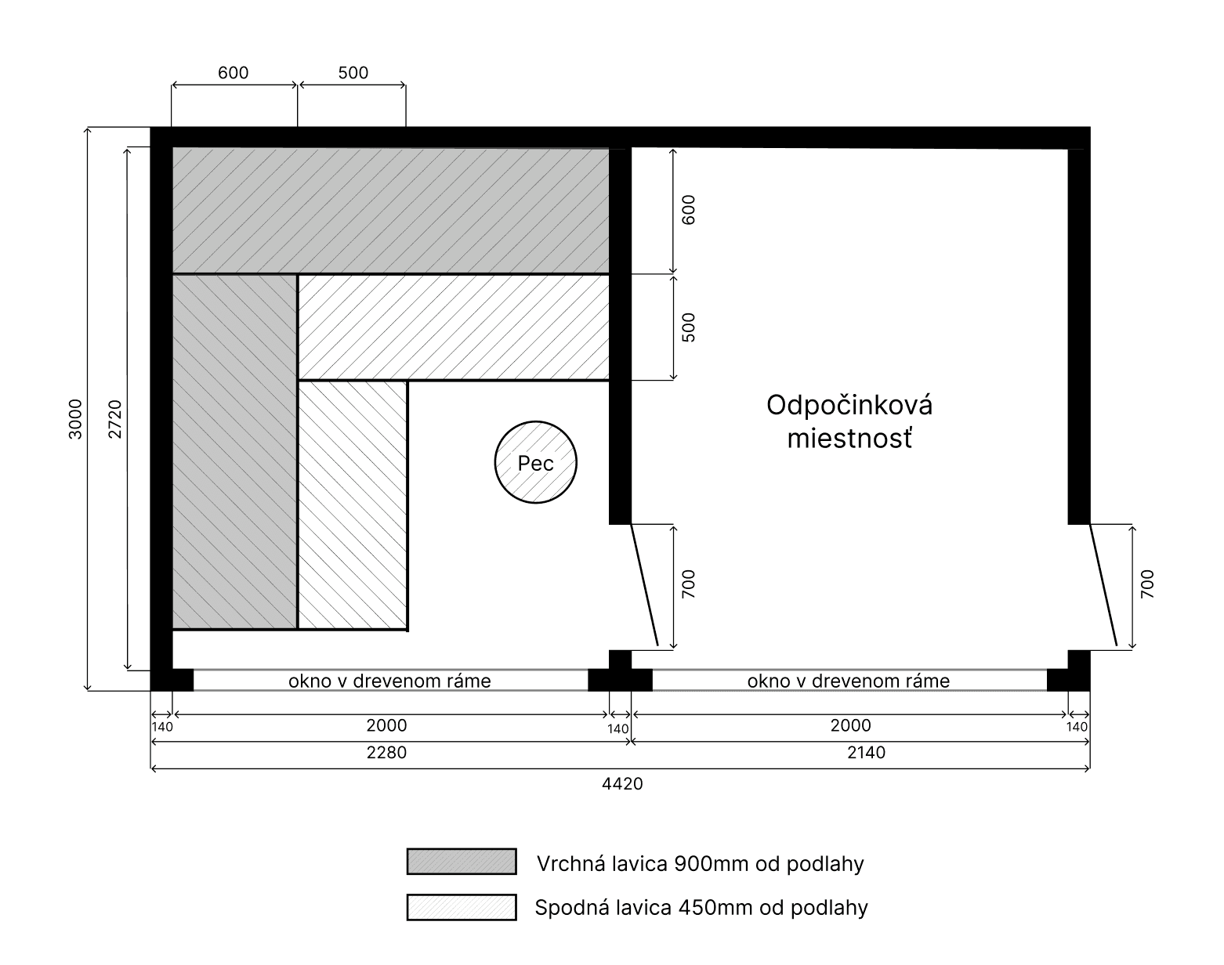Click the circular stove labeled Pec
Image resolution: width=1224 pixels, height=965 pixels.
[535, 462]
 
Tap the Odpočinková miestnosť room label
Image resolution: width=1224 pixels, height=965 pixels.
[849, 422]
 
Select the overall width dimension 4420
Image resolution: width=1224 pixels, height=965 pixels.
[622, 783]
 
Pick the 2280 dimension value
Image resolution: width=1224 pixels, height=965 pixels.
[387, 752]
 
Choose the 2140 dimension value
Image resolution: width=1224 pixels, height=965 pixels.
[866, 752]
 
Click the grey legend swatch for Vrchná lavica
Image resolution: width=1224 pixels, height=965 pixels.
[462, 861]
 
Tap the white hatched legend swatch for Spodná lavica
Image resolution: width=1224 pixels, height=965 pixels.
[462, 907]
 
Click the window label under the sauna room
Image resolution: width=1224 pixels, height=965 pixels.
[389, 681]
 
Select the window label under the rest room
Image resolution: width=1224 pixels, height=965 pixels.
[849, 681]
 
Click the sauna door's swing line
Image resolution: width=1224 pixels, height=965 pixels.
[644, 584]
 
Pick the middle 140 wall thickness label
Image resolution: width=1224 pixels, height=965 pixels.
[618, 728]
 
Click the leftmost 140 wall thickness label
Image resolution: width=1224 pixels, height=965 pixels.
[162, 727]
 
